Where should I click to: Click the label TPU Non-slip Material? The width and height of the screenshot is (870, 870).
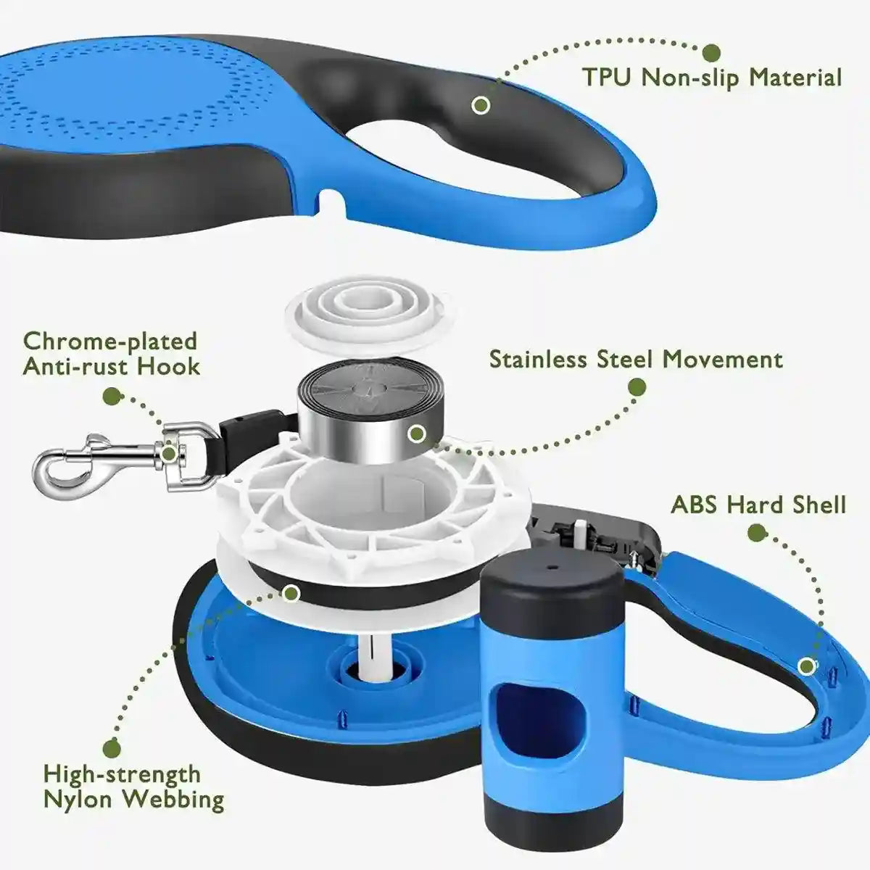[713, 77]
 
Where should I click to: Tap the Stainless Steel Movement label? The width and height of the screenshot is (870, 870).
[636, 360]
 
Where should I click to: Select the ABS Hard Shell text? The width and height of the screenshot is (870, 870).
[758, 505]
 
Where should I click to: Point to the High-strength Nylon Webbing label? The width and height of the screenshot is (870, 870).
[133, 786]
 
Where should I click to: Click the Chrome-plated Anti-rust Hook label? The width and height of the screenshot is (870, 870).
[111, 354]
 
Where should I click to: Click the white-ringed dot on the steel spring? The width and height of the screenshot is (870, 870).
[416, 434]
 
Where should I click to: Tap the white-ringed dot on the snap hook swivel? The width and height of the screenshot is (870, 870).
[169, 454]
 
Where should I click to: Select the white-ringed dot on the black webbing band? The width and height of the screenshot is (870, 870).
[291, 593]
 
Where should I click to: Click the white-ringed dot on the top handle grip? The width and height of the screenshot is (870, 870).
[481, 105]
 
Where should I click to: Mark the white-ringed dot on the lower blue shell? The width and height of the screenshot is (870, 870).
[805, 665]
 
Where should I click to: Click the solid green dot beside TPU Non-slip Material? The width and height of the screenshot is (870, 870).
[712, 52]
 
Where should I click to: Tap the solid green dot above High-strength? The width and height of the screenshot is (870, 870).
[112, 748]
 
